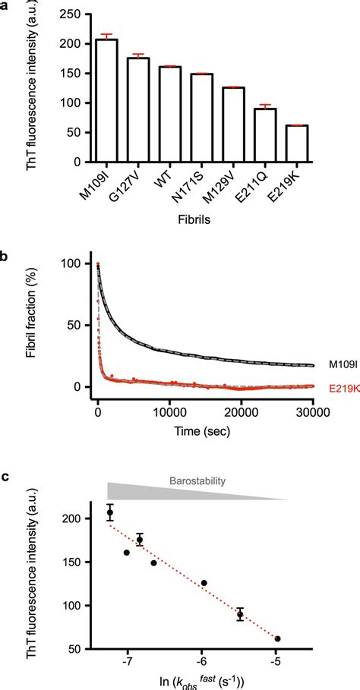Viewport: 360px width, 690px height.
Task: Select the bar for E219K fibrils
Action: tap(296, 143)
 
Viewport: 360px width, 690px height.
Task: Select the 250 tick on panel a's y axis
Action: tap(74, 14)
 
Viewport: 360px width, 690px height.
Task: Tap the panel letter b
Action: tap(7, 256)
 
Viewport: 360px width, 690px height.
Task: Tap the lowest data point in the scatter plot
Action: tap(277, 638)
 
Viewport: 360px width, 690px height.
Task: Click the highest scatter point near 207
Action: tap(110, 512)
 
